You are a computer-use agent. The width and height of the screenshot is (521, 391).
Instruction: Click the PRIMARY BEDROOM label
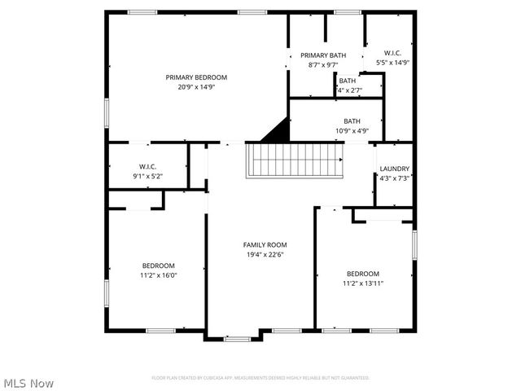pos(196,77)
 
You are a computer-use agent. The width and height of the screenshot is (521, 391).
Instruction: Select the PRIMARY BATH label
pos(323,55)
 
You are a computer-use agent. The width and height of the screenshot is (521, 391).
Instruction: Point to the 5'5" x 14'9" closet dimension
pos(392,62)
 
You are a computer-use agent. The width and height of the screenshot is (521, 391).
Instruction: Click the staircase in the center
pos(295,160)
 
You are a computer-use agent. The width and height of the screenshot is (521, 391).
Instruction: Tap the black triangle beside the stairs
pos(278,130)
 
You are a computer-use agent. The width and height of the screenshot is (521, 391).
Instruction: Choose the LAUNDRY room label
pos(395,169)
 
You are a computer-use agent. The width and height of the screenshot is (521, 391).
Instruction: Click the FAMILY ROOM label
pos(265,244)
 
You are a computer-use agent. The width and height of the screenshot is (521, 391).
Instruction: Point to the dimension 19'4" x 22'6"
pos(265,254)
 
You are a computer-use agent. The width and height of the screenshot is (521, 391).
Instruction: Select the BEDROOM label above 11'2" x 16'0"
pos(159,266)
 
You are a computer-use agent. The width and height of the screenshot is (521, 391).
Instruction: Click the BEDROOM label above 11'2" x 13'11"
pos(363,274)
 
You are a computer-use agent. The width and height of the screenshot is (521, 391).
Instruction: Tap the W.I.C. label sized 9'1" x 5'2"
pos(147,166)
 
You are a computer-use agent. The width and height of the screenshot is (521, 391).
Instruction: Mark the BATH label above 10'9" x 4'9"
pos(352,121)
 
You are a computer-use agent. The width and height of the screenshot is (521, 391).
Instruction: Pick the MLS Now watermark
pos(28,382)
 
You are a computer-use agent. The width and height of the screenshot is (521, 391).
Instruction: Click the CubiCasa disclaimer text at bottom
pos(260,378)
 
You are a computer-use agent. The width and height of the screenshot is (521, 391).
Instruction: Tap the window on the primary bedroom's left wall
pos(106,112)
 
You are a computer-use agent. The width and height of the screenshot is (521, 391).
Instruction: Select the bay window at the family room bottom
pos(237,338)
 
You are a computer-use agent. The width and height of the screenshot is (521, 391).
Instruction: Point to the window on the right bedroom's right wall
pos(415,244)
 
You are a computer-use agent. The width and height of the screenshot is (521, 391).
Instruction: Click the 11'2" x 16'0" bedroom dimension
pos(159,275)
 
